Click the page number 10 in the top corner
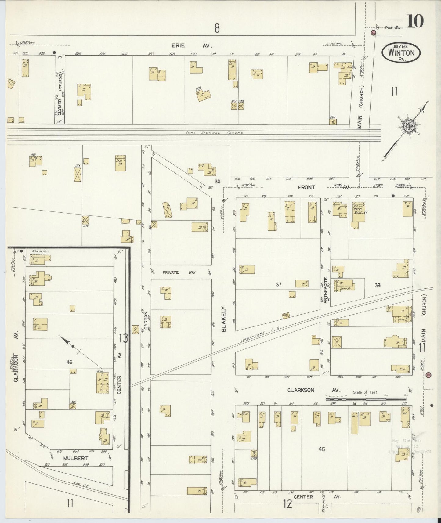414,21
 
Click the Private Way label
170,272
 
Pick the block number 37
278,284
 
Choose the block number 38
378,285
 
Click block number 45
321,449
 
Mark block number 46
70,362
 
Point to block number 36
217,182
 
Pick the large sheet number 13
124,338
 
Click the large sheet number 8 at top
217,28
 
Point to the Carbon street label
146,320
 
